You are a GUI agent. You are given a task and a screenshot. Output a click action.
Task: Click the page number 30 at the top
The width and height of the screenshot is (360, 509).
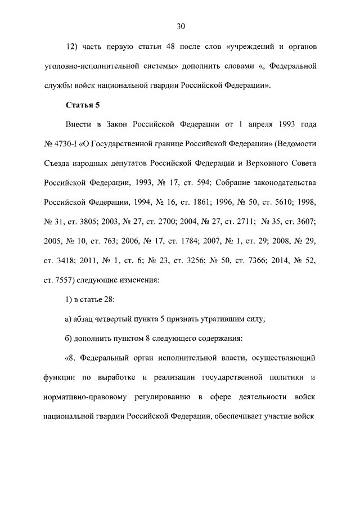[x=181, y=26]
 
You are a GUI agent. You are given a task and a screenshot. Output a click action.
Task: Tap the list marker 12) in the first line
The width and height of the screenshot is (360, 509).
[x=73, y=46]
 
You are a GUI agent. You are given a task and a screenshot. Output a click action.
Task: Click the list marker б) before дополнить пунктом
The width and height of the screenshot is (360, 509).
[x=70, y=339]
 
